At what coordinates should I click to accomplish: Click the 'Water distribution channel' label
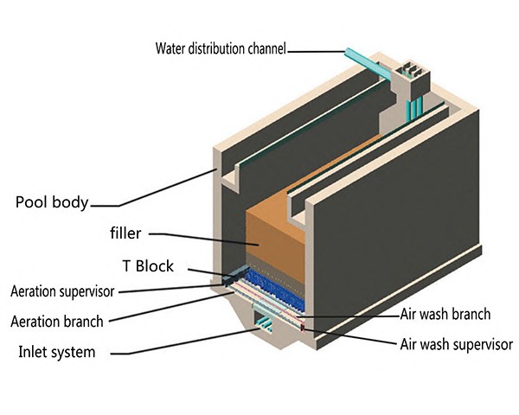[x=220, y=48]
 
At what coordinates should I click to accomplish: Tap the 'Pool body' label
[x=52, y=203]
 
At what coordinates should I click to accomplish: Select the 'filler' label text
[x=125, y=233]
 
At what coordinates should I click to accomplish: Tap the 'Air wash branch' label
[x=446, y=314]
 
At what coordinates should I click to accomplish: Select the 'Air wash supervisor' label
[x=456, y=344]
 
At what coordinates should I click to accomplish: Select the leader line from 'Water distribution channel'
[x=316, y=51]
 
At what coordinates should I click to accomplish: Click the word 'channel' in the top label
[x=265, y=48]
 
